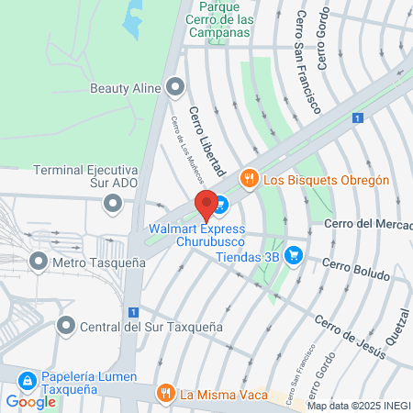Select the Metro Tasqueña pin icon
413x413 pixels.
click(39, 262)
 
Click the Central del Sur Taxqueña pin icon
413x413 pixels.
click(65, 326)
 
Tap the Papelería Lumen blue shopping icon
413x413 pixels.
click(28, 379)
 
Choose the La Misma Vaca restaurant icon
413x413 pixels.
click(165, 395)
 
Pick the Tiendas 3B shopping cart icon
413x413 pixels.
click(293, 254)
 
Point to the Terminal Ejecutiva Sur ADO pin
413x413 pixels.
click(113, 201)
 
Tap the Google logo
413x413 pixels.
click(31, 401)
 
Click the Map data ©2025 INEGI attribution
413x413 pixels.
click(358, 406)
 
